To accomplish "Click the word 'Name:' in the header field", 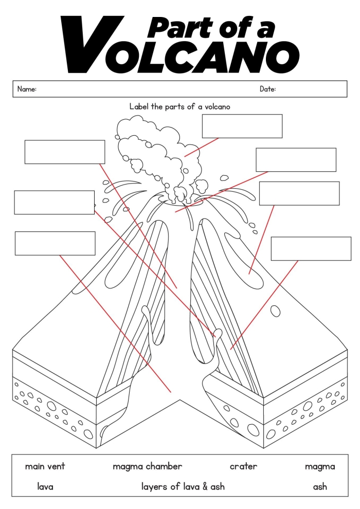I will (27, 89).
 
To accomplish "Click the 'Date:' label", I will (267, 89).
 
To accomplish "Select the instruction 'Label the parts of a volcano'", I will (179, 106).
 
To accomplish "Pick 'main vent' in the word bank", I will (45, 467).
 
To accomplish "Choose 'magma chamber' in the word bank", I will (147, 467).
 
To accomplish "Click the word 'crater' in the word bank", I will (243, 467).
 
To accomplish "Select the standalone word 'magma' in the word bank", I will (319, 467).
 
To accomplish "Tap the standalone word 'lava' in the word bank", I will (45, 486).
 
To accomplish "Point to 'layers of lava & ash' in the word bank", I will (183, 486).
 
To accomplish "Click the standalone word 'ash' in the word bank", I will (319, 486).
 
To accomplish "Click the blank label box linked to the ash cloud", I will (242, 126).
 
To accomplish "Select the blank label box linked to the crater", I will (296, 160).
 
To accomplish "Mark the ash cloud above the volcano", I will (154, 149).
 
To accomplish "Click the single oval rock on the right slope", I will (276, 311).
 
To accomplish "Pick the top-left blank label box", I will (65, 152).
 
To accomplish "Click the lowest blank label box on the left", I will (55, 243).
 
